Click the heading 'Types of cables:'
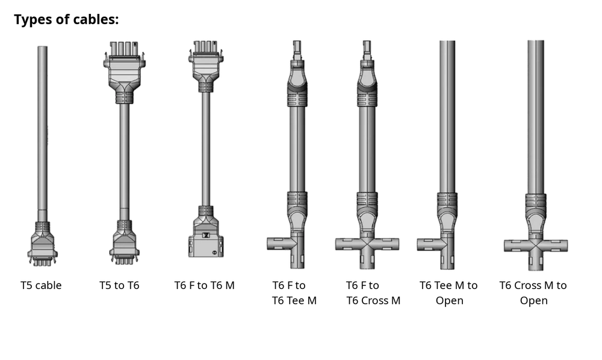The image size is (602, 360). [66, 19]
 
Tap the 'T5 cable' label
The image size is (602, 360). [41, 285]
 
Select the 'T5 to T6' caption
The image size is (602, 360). [119, 285]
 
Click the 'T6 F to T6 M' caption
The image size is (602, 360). [204, 285]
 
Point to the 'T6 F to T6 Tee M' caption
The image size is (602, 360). [294, 293]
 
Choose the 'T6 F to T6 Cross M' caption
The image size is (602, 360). [373, 293]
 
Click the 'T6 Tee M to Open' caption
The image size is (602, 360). [449, 293]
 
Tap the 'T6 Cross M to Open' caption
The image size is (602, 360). [533, 293]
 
